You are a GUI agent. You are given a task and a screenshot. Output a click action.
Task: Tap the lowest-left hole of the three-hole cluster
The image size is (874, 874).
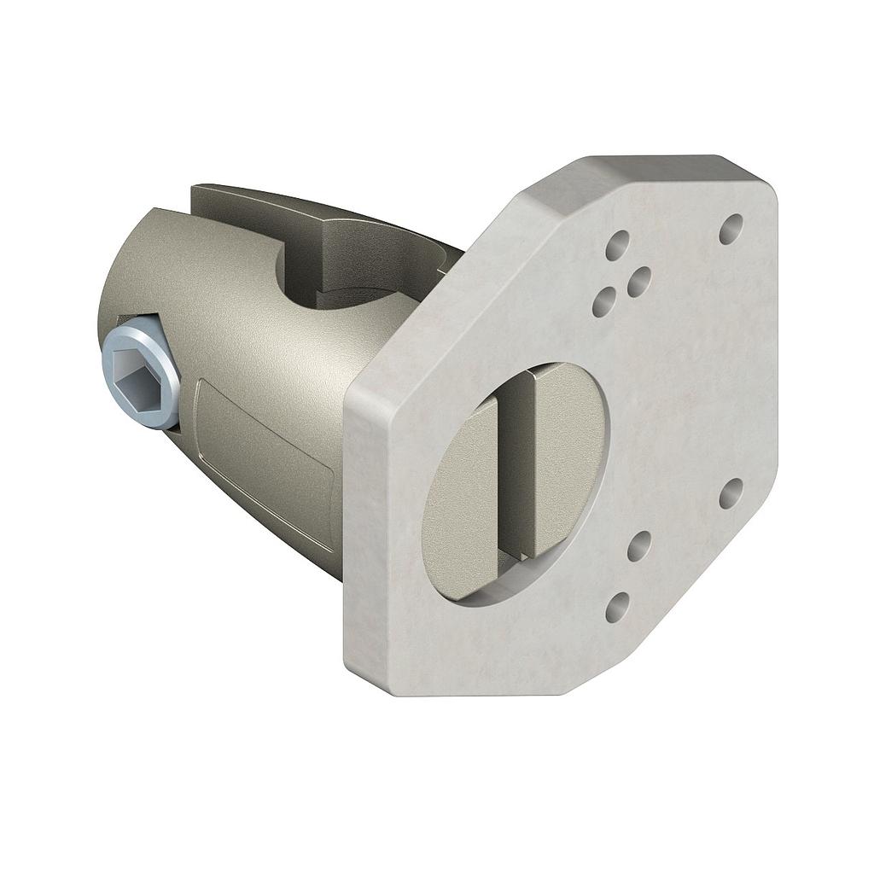point(604,300)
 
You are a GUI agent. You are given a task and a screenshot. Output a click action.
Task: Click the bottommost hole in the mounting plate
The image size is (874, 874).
point(617,607)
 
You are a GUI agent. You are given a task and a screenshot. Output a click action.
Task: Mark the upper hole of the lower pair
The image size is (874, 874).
point(639,545)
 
